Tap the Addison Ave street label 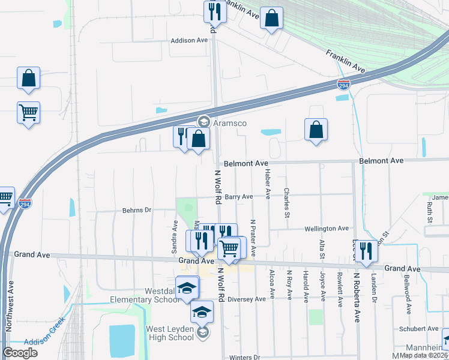189,40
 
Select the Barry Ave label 239,197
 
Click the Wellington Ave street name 327,229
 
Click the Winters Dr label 244,357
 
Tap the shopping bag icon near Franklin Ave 272,18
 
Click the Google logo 20,353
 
